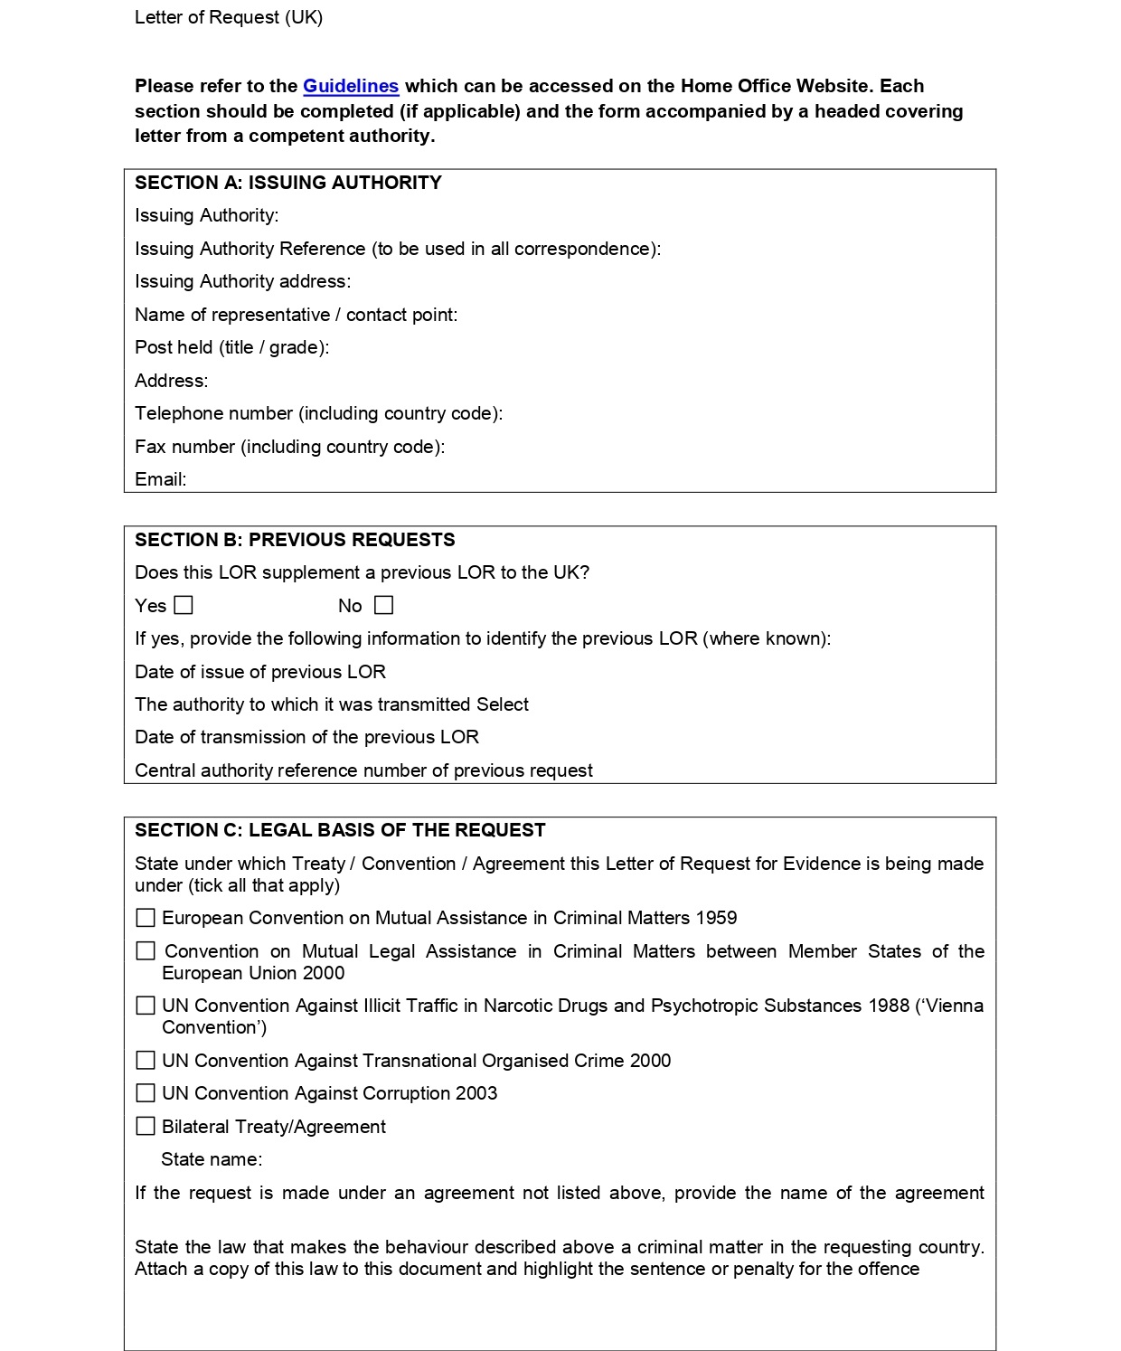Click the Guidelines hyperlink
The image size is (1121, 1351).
tap(351, 86)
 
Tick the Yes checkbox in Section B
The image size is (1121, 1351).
tap(184, 605)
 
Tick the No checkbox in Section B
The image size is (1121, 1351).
tap(384, 605)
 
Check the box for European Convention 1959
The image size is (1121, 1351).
tap(146, 918)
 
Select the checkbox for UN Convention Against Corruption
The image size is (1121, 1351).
tap(146, 1093)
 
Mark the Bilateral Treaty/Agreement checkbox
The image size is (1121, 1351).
tap(146, 1126)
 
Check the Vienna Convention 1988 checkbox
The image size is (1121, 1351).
tap(146, 1006)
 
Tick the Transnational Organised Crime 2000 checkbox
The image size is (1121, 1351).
tap(146, 1060)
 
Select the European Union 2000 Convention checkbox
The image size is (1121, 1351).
tap(146, 951)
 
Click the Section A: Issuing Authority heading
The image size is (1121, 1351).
tap(288, 183)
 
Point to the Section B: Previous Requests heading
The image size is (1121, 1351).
tap(295, 540)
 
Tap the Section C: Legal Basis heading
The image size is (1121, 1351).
tap(340, 830)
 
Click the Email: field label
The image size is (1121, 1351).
tap(161, 479)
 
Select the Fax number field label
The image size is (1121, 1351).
tap(289, 447)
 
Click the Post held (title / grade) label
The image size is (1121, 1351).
tap(231, 347)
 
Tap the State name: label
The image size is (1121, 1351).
tap(212, 1159)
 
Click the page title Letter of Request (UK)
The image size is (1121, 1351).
tap(229, 17)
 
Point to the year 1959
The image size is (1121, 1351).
tap(716, 918)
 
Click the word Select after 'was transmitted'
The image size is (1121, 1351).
tap(503, 704)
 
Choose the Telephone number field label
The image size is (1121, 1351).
tap(318, 413)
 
